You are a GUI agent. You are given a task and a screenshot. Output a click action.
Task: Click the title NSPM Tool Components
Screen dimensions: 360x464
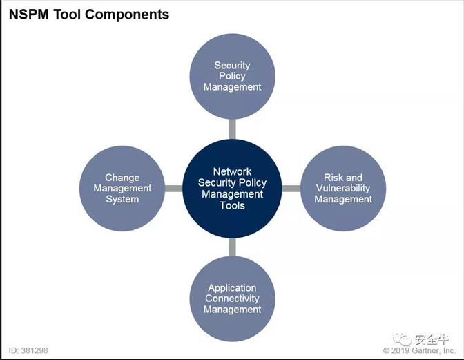coord(88,14)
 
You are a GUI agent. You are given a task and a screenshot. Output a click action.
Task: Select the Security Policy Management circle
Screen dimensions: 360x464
coord(232,76)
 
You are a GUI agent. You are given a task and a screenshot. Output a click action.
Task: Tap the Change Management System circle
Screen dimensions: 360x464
coord(122,188)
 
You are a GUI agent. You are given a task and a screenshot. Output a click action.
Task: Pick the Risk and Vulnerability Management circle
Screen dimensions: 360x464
coord(343,188)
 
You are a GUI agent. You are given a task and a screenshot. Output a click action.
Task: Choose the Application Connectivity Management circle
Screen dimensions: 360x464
coord(232,299)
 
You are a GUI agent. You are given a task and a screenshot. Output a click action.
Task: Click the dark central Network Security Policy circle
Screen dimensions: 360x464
coord(232,188)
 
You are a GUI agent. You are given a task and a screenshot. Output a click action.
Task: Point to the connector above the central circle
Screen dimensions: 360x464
coord(232,127)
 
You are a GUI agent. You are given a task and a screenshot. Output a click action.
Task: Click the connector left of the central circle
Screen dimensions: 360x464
coord(173,188)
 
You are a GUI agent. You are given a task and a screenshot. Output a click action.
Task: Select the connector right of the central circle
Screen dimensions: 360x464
coord(291,188)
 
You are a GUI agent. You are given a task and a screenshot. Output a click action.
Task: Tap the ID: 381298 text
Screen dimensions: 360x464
coord(28,350)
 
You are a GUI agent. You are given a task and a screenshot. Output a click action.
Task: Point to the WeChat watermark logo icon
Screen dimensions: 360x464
coord(402,339)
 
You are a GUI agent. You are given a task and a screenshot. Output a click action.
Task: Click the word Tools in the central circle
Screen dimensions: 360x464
coord(232,205)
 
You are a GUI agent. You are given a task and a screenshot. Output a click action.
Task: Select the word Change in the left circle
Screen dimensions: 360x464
coord(122,178)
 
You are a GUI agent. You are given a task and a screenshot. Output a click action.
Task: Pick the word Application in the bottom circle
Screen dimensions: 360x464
coord(232,288)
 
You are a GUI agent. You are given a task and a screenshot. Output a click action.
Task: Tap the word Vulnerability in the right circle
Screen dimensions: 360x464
coord(343,188)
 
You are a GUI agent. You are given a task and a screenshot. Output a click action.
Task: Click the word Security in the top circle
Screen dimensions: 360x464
coord(232,66)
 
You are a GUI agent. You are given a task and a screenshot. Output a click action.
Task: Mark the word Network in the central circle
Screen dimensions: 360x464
coord(232,171)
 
